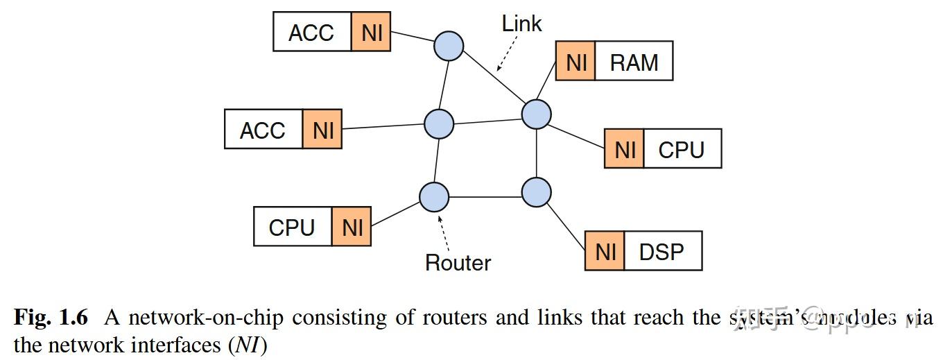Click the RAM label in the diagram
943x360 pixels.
click(x=634, y=62)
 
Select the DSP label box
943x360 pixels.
click(x=662, y=251)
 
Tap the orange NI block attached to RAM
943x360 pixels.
click(x=576, y=62)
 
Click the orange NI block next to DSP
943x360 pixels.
click(x=605, y=251)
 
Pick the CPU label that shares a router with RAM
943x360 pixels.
click(x=682, y=149)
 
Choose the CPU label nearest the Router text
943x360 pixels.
click(x=292, y=227)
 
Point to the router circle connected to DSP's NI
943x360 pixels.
click(x=536, y=192)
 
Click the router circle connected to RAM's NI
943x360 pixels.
click(x=536, y=114)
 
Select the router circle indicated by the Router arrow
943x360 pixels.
click(x=434, y=196)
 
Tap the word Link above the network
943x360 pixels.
click(x=521, y=24)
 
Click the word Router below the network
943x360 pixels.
click(x=458, y=263)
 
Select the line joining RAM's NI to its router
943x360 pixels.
click(x=547, y=88)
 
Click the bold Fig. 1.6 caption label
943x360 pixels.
click(x=51, y=318)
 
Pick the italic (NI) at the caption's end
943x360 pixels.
click(x=248, y=345)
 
